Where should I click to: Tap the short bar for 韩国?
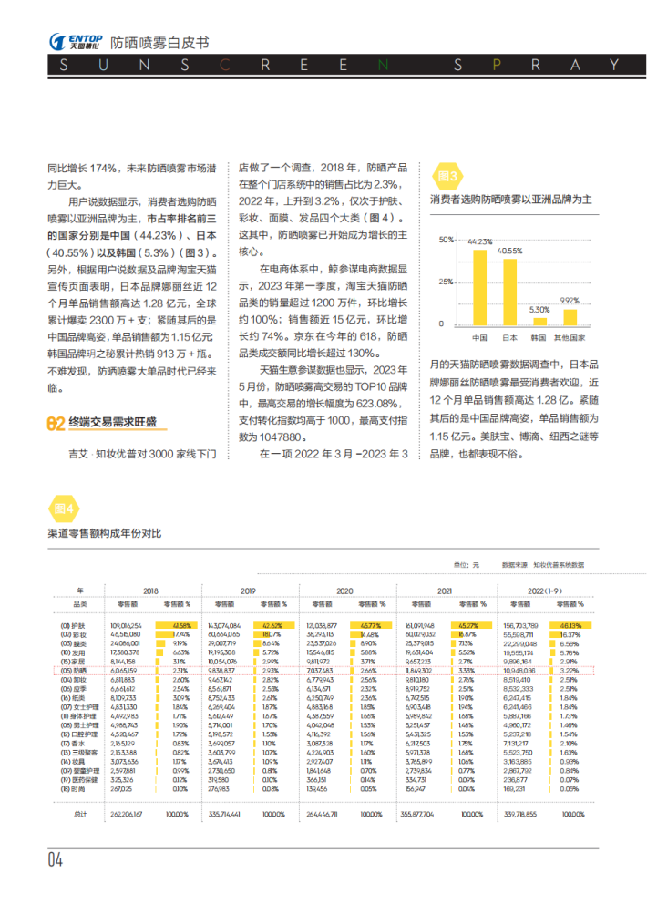[x=539, y=320]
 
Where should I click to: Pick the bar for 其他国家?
[x=570, y=316]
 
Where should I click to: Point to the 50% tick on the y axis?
[x=447, y=240]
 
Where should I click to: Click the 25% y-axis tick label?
[x=447, y=282]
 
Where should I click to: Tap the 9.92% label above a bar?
[x=570, y=300]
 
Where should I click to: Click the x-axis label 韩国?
[x=539, y=337]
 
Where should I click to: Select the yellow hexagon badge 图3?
[x=448, y=176]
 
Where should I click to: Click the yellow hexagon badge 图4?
[x=64, y=508]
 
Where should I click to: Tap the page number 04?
[x=56, y=860]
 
